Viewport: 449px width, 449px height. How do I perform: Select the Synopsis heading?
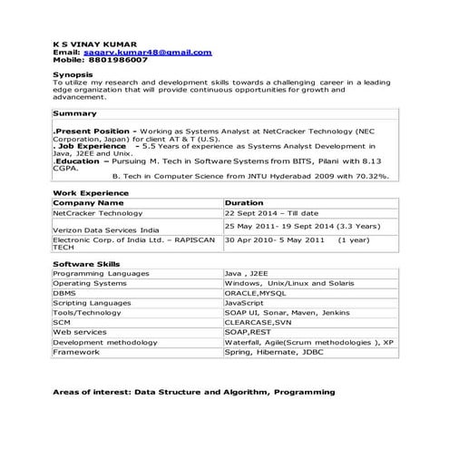coord(72,74)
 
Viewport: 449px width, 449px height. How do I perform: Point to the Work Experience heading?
coord(91,193)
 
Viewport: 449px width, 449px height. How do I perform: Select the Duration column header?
coord(244,203)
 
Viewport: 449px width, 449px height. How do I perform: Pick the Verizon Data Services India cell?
coord(106,230)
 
